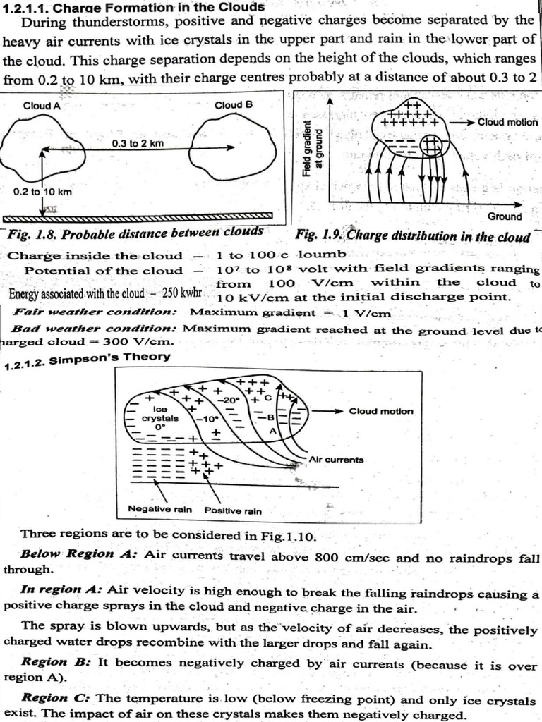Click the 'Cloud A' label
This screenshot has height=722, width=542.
42,106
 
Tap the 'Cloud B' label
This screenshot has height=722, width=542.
233,105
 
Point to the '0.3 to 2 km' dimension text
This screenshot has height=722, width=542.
138,143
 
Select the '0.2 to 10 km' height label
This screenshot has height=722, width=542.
42,191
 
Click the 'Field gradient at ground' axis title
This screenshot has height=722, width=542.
312,148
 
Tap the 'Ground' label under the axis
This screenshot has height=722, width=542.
505,216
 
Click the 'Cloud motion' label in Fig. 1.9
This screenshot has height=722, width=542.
507,122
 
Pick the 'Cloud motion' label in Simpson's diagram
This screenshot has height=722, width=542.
381,411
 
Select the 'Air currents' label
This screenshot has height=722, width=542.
337,460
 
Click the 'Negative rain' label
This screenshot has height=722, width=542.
155,508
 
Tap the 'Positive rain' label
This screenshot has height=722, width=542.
233,510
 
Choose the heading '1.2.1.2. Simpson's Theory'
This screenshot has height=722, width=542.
88,357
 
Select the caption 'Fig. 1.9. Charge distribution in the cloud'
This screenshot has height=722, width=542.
413,235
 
